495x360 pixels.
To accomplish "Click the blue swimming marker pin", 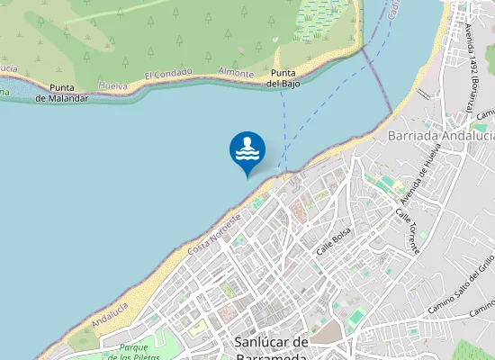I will click(247, 150).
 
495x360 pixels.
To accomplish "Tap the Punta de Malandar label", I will click(62, 93).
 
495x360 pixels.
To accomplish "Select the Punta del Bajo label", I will click(284, 77).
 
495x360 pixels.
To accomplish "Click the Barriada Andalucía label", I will click(437, 135).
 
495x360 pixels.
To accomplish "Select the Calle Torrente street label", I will click(406, 229).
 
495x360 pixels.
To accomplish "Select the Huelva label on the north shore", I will click(112, 84).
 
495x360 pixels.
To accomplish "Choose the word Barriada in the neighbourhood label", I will click(411, 135).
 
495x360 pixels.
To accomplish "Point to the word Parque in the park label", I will click(133, 346).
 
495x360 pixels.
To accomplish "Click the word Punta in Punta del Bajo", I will click(284, 72).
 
